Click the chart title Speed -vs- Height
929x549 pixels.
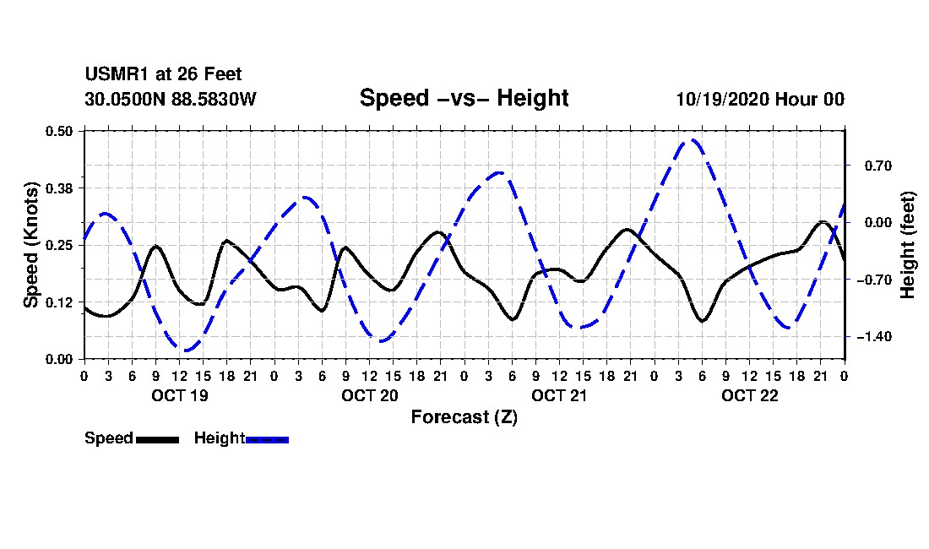[x=464, y=98]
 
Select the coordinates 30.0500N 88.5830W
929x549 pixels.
[x=171, y=99]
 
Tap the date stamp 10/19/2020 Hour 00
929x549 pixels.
[x=760, y=99]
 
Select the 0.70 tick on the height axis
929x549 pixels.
[x=870, y=166]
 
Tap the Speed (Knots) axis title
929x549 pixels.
[x=31, y=245]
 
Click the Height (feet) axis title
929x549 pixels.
[x=908, y=245]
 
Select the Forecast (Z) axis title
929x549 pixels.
[x=464, y=417]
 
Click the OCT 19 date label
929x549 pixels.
[x=179, y=395]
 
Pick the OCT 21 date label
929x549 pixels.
[x=559, y=395]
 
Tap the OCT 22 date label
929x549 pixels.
[x=749, y=395]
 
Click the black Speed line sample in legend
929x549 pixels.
[x=157, y=439]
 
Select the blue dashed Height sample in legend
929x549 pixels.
[x=267, y=439]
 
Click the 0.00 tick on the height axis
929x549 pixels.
[x=870, y=222]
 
